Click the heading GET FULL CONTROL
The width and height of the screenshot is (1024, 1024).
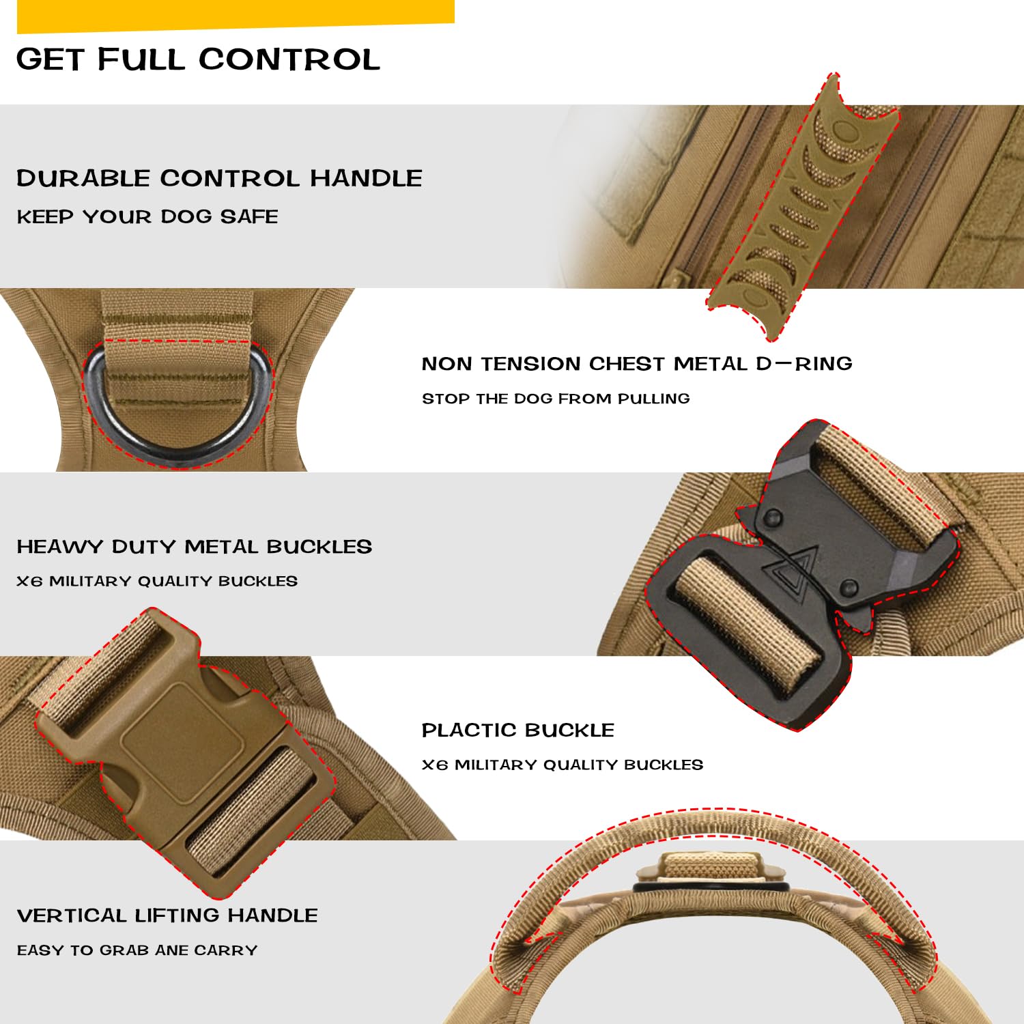pos(198,59)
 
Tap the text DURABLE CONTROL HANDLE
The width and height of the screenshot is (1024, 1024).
pos(219,178)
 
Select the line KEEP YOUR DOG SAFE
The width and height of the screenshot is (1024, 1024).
pos(147,217)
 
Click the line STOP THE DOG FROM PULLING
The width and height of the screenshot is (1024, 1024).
pos(556,399)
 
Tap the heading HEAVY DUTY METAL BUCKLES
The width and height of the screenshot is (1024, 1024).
pos(195,547)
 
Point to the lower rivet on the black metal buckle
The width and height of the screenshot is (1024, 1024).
pos(849,586)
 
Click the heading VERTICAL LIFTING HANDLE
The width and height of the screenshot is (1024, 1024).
pos(167,915)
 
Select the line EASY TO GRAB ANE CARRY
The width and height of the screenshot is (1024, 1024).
pos(137,950)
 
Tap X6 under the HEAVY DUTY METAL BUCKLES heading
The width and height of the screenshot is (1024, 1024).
pos(29,582)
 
